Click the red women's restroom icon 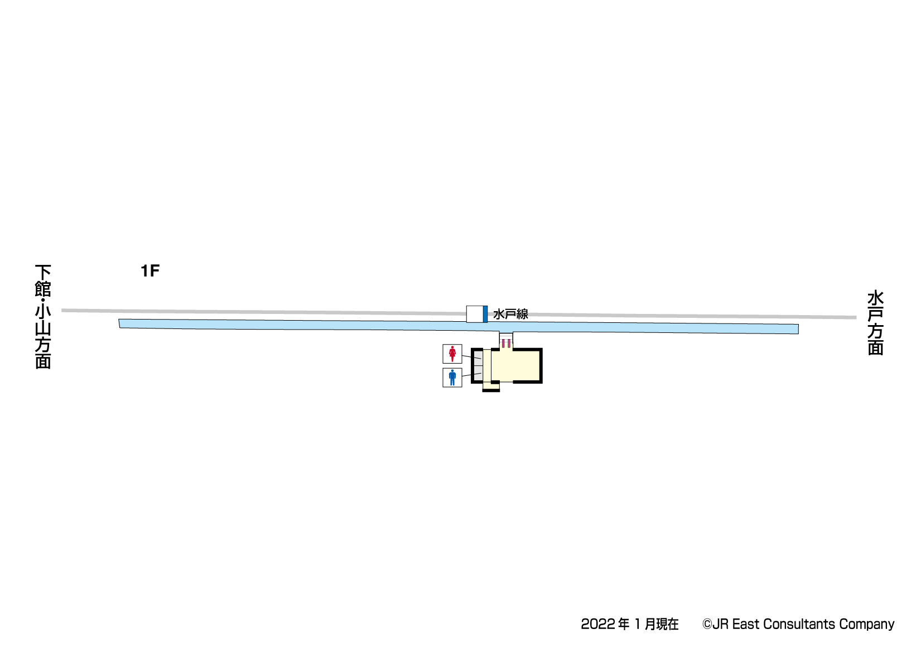click(452, 354)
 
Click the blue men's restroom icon click(452, 378)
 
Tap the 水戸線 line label click(510, 314)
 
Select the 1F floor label click(150, 271)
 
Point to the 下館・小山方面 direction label click(43, 316)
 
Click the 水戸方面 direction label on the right click(875, 322)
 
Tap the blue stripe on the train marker click(485, 314)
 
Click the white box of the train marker click(475, 314)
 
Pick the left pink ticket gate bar click(503, 343)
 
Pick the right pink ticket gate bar click(509, 343)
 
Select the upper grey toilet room click(478, 358)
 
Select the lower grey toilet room click(478, 373)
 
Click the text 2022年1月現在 click(630, 624)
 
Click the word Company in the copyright click(867, 625)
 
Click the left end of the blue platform click(119, 323)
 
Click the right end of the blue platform click(798, 329)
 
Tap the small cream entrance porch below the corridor click(491, 385)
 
